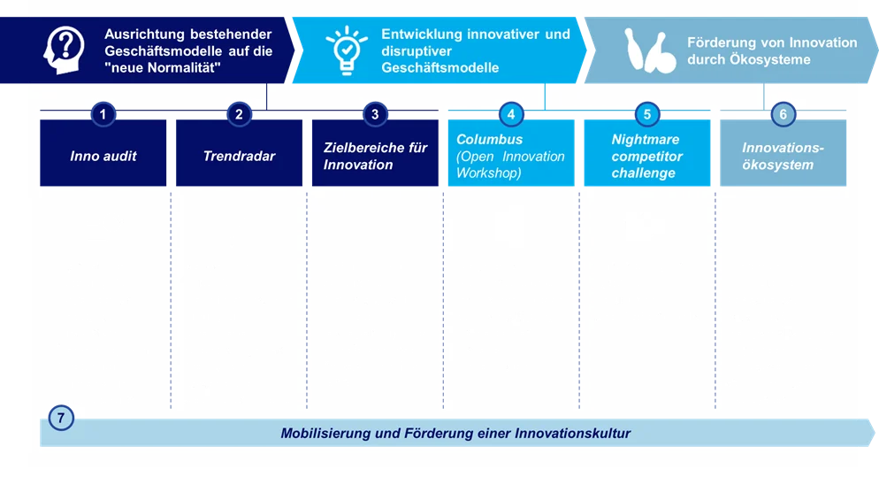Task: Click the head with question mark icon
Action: (64, 50)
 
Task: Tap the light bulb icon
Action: (347, 50)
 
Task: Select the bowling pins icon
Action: (650, 50)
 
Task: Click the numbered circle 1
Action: (103, 114)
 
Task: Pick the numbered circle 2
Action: (239, 114)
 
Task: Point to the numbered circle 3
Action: (375, 114)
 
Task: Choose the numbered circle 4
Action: (511, 114)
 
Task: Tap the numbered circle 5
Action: (647, 114)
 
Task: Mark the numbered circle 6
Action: (783, 114)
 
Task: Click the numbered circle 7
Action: (61, 418)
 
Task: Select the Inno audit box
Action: (103, 152)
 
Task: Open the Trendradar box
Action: (240, 152)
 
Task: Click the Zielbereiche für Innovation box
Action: (375, 152)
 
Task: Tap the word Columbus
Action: (489, 139)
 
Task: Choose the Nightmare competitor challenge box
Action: (647, 152)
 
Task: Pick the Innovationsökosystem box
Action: (783, 152)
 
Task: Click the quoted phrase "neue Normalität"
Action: (163, 68)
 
